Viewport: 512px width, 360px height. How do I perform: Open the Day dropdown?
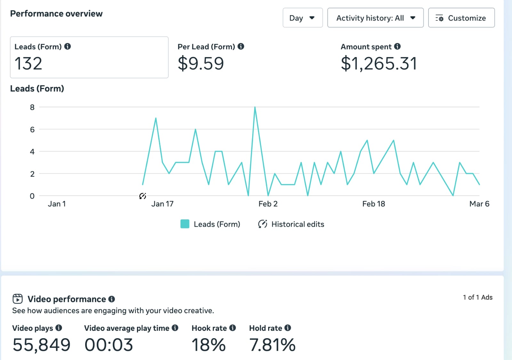point(302,18)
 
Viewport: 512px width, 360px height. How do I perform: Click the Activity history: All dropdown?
point(375,18)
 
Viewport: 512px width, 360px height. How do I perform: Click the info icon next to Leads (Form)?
point(68,46)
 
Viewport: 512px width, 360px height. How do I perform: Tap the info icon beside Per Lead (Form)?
point(241,46)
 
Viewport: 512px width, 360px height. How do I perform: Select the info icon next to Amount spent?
point(397,46)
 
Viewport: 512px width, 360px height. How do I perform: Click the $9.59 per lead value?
point(201,63)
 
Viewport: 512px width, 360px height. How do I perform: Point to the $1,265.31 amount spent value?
point(379,63)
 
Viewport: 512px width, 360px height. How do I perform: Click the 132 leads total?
point(28,63)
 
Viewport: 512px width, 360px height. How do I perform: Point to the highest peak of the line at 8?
point(255,107)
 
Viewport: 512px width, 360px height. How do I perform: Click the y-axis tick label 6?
point(32,130)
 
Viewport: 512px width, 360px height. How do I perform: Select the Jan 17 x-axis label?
point(162,204)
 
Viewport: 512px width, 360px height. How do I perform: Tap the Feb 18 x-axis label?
point(373,204)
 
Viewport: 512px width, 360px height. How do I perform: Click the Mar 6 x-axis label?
point(479,204)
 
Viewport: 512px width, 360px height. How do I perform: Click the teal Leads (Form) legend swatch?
point(185,224)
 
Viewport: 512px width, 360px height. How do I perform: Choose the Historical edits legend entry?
point(291,224)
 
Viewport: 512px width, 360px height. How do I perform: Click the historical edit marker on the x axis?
point(143,196)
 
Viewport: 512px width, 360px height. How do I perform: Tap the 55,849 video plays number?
point(42,345)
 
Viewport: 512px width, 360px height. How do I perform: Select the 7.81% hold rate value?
point(272,345)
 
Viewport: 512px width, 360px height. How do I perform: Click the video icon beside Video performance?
point(18,299)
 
